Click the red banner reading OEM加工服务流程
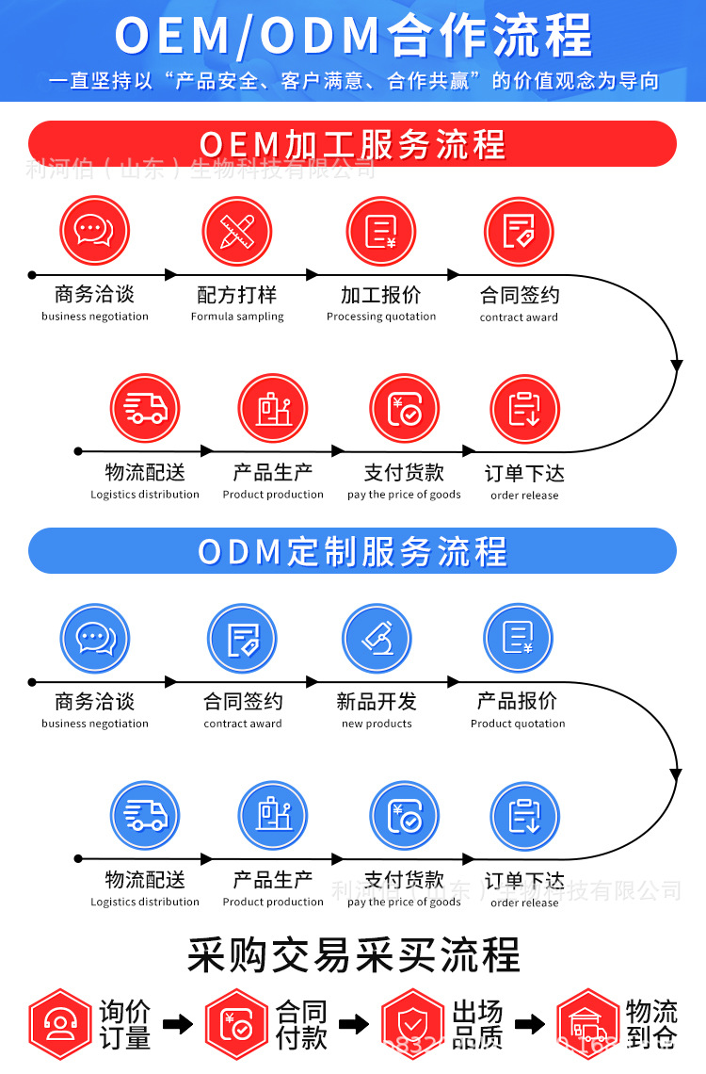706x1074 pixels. (352, 144)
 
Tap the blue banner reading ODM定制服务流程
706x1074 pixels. (352, 551)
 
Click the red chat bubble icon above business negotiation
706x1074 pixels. (94, 231)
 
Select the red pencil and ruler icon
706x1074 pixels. (237, 231)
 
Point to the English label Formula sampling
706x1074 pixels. (237, 317)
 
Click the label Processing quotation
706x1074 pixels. (381, 317)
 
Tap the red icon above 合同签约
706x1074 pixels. (519, 231)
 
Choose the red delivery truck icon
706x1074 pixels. (145, 409)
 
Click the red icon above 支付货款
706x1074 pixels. (404, 409)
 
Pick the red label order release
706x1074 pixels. (524, 496)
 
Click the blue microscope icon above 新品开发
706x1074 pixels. (377, 638)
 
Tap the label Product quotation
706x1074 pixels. (518, 724)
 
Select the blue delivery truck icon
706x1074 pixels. (145, 816)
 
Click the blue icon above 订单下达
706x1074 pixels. (524, 816)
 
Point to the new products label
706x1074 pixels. (377, 724)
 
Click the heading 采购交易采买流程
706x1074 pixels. (353, 954)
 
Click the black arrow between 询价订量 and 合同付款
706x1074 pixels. (177, 1024)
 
